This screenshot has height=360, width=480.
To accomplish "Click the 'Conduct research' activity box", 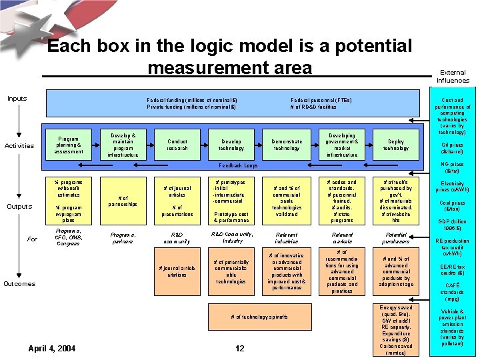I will pyautogui.click(x=178, y=145).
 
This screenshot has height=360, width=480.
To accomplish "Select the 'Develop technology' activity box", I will pyautogui.click(x=231, y=145).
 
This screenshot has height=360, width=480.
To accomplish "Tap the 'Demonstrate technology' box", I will pyautogui.click(x=287, y=145).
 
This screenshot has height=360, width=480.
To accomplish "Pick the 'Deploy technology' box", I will pyautogui.click(x=396, y=145).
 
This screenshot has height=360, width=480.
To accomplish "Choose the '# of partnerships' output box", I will pyautogui.click(x=123, y=201).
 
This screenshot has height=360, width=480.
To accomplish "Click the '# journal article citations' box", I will pyautogui.click(x=177, y=271).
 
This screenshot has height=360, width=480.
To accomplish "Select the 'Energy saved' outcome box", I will pyautogui.click(x=396, y=329).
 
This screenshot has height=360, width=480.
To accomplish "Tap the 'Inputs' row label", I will pyautogui.click(x=17, y=99).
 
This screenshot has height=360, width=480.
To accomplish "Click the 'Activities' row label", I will pyautogui.click(x=19, y=145).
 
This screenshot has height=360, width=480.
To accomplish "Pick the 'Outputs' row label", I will pyautogui.click(x=19, y=206).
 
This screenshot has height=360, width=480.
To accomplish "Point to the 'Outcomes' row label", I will pyautogui.click(x=19, y=283).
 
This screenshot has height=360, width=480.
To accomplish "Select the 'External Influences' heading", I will pyautogui.click(x=453, y=76).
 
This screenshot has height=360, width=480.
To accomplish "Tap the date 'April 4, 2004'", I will pyautogui.click(x=52, y=348).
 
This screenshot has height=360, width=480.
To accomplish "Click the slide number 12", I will pyautogui.click(x=240, y=348).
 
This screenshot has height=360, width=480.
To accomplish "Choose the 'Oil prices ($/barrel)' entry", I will pyautogui.click(x=453, y=148).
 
